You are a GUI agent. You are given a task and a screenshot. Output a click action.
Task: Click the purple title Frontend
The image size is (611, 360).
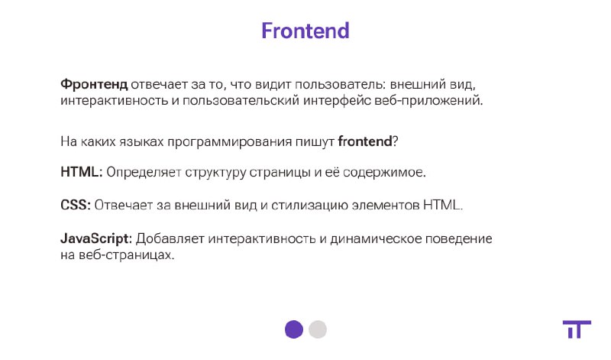[x=305, y=31]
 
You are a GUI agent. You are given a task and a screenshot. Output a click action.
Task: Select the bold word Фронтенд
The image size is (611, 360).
[x=94, y=84]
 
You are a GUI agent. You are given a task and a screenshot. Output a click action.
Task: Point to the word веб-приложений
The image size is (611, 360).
[x=428, y=101]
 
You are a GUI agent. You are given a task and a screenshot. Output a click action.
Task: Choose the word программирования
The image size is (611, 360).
[x=230, y=141]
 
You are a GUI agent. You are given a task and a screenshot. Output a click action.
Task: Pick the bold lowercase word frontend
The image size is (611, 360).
[x=365, y=141]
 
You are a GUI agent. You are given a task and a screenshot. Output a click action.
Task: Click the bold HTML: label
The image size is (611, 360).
[x=82, y=172]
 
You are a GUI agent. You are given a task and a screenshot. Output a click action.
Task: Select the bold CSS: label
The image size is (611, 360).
[x=76, y=205]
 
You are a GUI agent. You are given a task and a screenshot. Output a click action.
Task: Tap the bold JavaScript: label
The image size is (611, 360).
[x=96, y=238]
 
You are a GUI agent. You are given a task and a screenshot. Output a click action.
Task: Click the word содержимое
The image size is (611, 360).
[x=384, y=172]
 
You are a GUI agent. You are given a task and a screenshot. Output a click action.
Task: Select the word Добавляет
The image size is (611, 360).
[x=170, y=238]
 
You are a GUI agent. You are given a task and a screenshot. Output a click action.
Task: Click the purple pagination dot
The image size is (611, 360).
[x=294, y=329]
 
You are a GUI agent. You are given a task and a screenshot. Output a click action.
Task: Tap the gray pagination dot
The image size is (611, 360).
[x=318, y=329]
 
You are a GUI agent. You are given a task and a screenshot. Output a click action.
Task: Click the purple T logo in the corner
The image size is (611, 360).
[x=577, y=329]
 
